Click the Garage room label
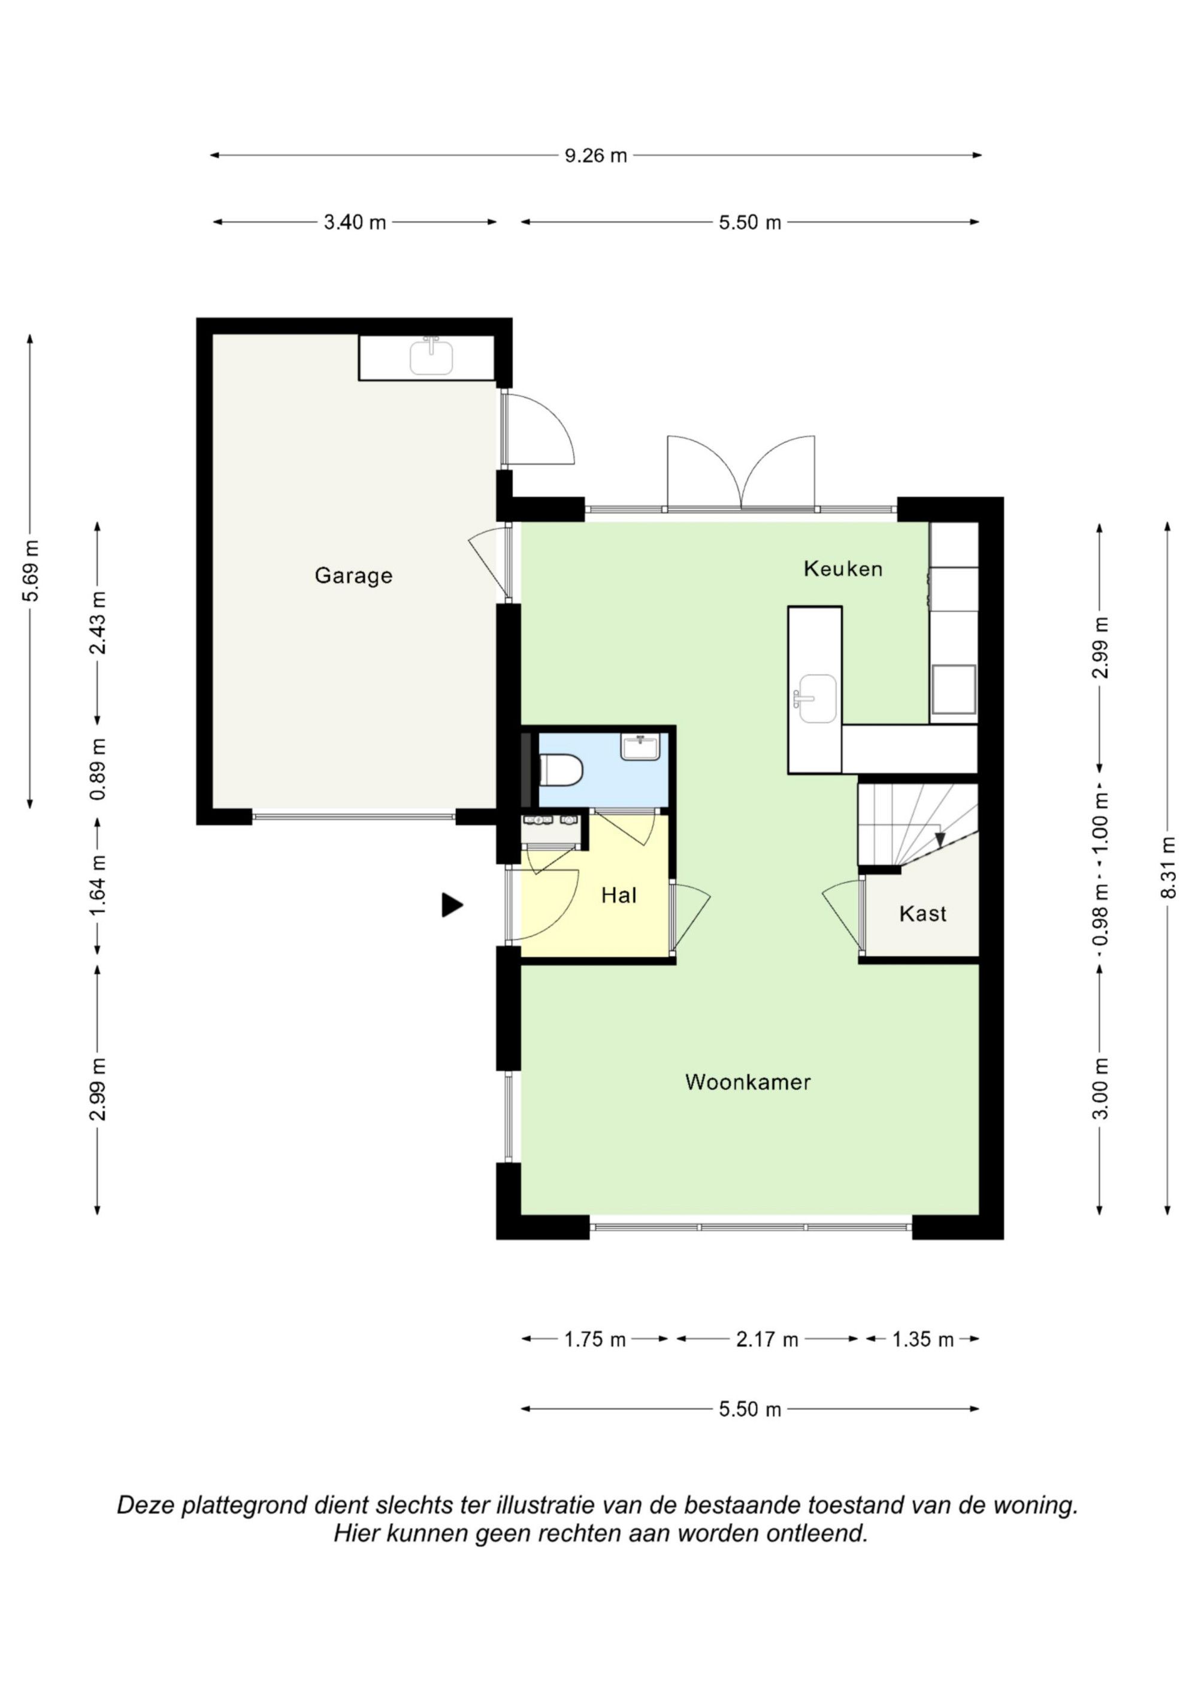[353, 576]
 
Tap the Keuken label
[843, 569]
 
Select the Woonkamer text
[748, 1082]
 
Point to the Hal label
[619, 896]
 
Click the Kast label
[922, 914]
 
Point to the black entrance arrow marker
[452, 905]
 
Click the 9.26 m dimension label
[595, 156]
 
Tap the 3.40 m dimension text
[355, 222]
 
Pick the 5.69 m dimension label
[31, 572]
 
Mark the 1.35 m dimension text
[922, 1339]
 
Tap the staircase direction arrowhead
[940, 839]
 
